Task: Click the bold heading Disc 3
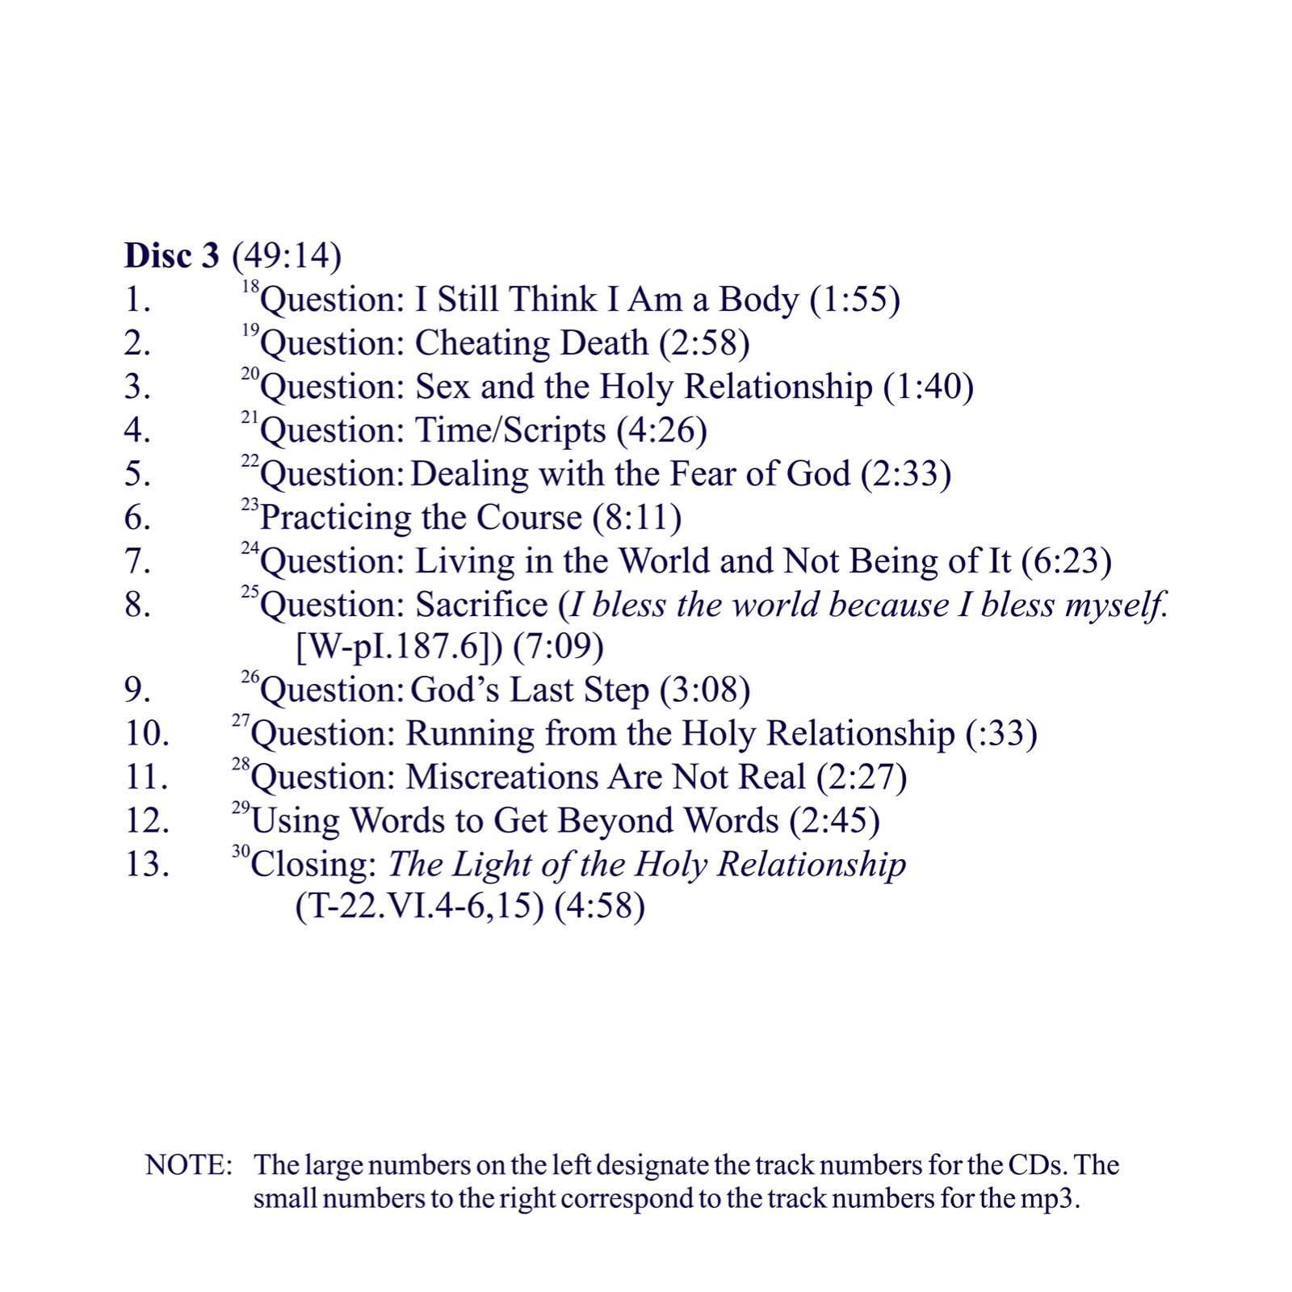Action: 171,255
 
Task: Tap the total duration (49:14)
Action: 287,255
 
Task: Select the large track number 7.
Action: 136,560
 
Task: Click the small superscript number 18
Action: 250,287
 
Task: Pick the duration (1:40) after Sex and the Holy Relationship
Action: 929,386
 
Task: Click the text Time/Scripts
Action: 510,430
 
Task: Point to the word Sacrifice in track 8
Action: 481,604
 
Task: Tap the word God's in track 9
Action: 455,690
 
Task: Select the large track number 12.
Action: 147,820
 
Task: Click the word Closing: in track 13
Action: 314,864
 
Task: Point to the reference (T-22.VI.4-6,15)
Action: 419,906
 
